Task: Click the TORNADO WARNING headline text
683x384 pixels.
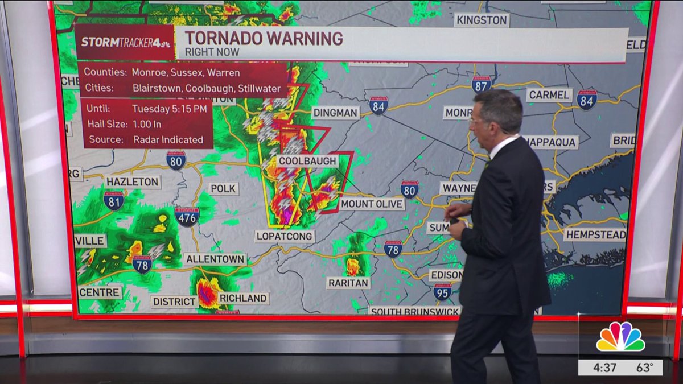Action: click(264, 39)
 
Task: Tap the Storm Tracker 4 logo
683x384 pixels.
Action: click(125, 42)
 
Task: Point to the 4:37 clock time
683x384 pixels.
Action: click(604, 368)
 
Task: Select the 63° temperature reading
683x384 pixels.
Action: click(644, 368)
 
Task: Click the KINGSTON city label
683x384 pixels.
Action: click(482, 20)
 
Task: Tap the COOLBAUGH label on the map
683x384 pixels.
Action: click(307, 161)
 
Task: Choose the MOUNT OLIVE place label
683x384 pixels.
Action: click(372, 204)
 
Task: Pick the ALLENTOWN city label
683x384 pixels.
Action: click(215, 259)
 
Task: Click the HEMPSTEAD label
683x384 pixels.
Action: click(595, 234)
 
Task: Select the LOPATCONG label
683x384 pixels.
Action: click(285, 236)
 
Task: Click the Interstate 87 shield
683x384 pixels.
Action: click(481, 85)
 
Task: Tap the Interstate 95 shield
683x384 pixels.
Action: click(442, 292)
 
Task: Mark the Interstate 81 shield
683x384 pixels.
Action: click(114, 200)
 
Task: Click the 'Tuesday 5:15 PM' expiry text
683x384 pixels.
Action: click(164, 108)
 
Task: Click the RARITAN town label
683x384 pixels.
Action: click(348, 283)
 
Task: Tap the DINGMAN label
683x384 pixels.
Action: click(335, 113)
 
